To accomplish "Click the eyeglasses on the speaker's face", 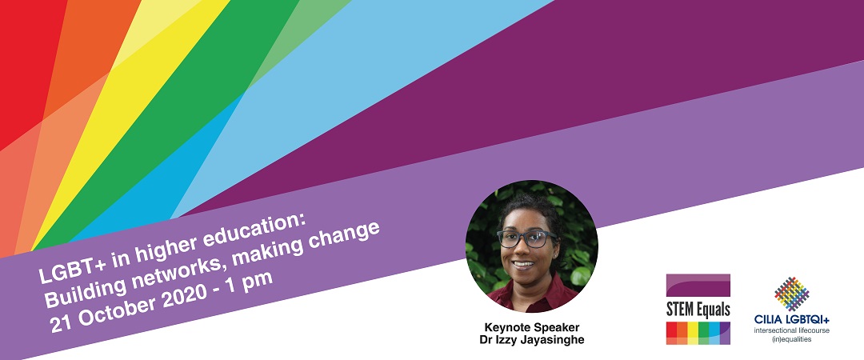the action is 527,238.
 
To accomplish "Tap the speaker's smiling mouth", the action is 523,263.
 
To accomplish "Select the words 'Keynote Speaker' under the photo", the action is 532,327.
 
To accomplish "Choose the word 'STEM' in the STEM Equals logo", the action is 682,310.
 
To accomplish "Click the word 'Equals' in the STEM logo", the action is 714,310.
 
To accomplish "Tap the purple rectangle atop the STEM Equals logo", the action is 698,286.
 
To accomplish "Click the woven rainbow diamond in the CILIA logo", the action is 792,294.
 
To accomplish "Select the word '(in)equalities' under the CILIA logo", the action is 792,340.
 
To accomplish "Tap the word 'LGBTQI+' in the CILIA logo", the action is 807,320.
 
